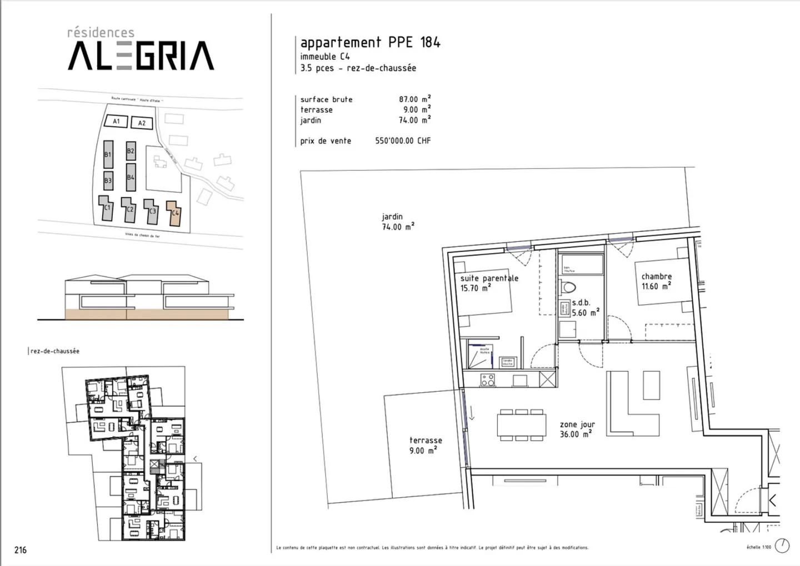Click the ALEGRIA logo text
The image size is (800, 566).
tap(141, 56)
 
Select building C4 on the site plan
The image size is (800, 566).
tap(174, 213)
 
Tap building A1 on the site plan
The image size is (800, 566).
tap(116, 121)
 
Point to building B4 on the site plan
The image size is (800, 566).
tap(131, 177)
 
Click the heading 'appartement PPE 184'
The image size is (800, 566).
tap(370, 42)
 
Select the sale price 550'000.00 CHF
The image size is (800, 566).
tap(403, 141)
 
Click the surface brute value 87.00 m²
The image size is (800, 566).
tap(414, 99)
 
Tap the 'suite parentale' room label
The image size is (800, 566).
tap(489, 278)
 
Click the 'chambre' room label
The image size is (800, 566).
tap(656, 276)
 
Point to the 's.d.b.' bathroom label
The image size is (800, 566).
tap(581, 303)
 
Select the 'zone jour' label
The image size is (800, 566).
tap(577, 424)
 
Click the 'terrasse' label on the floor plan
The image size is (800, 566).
tap(426, 440)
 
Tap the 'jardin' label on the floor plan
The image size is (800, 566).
tap(392, 216)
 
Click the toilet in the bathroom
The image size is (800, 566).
tap(568, 288)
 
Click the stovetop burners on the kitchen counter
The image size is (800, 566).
tap(488, 380)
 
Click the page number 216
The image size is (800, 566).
tap(21, 550)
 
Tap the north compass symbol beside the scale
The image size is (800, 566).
tap(782, 546)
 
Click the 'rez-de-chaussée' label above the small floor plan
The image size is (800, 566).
tap(55, 351)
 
